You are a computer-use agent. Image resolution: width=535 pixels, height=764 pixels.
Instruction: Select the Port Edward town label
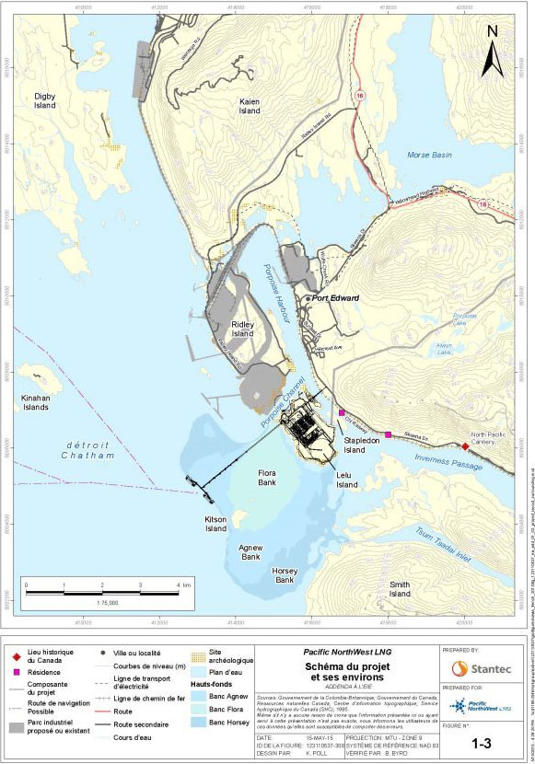point(335,298)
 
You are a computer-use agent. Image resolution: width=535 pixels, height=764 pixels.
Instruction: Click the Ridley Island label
point(242,330)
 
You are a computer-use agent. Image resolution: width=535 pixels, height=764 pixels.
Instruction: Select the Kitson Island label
point(215,525)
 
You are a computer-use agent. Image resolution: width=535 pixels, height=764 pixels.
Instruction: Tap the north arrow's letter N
point(493,31)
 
